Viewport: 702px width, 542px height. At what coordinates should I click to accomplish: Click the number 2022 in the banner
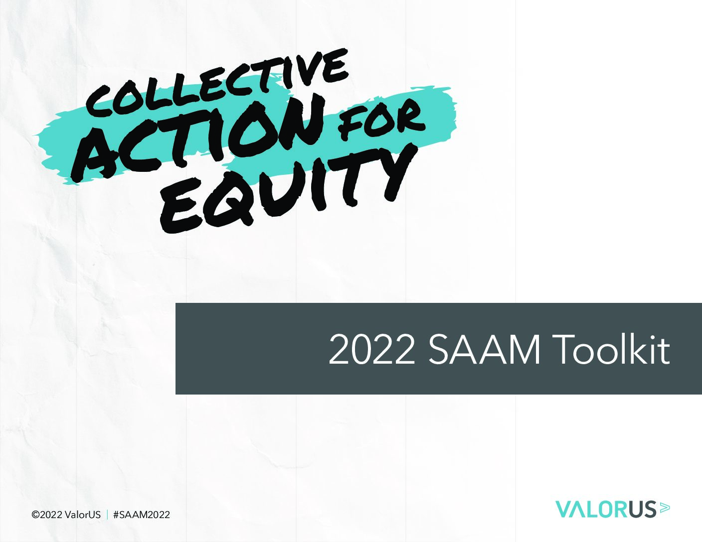371,350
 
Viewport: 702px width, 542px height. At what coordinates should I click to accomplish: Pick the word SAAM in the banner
484,350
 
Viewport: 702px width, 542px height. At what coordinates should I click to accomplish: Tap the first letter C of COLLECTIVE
99,102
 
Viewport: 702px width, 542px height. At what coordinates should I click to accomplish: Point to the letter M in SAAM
523,350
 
